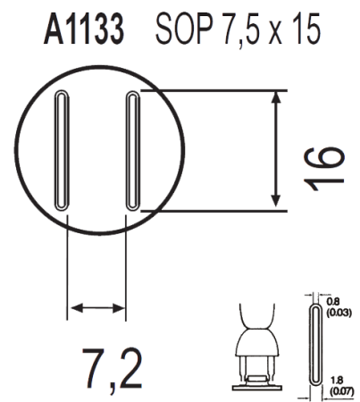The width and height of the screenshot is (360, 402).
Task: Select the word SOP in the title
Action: [x=184, y=29]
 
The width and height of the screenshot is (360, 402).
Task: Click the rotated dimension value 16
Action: [x=322, y=169]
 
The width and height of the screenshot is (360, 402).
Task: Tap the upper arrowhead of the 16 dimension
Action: [x=276, y=97]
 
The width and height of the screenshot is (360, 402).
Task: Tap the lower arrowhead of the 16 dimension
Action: [x=276, y=201]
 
